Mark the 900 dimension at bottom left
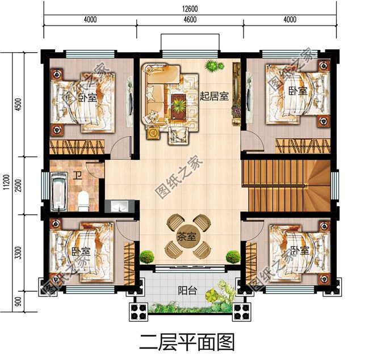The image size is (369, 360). point(18,300)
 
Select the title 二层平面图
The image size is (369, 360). point(187,342)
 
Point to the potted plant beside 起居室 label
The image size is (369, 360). point(212,66)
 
